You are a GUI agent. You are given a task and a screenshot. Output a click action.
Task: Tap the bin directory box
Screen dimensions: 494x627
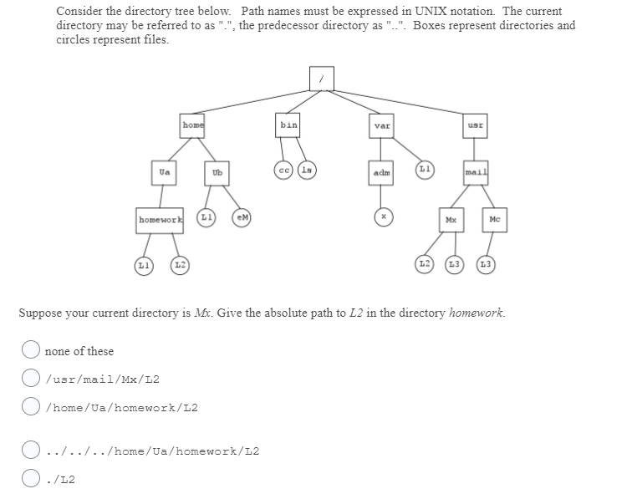pyautogui.click(x=288, y=125)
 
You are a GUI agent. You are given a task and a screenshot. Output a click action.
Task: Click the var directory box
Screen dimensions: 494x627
pyautogui.click(x=382, y=126)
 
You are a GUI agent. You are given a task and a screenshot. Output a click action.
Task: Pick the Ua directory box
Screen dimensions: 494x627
pyautogui.click(x=164, y=172)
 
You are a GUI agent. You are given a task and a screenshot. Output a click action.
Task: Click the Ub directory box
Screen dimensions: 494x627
pyautogui.click(x=217, y=173)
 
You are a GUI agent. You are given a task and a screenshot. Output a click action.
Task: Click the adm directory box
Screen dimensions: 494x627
pyautogui.click(x=382, y=173)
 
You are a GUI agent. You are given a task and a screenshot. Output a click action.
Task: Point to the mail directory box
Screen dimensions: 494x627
pyautogui.click(x=476, y=173)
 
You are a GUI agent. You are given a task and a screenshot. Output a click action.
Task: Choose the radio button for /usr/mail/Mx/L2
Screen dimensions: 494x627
pyautogui.click(x=31, y=379)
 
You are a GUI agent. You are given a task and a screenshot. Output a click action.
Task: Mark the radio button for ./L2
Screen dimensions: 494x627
pyautogui.click(x=31, y=479)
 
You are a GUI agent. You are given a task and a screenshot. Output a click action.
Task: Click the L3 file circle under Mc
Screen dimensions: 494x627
pyautogui.click(x=487, y=265)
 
